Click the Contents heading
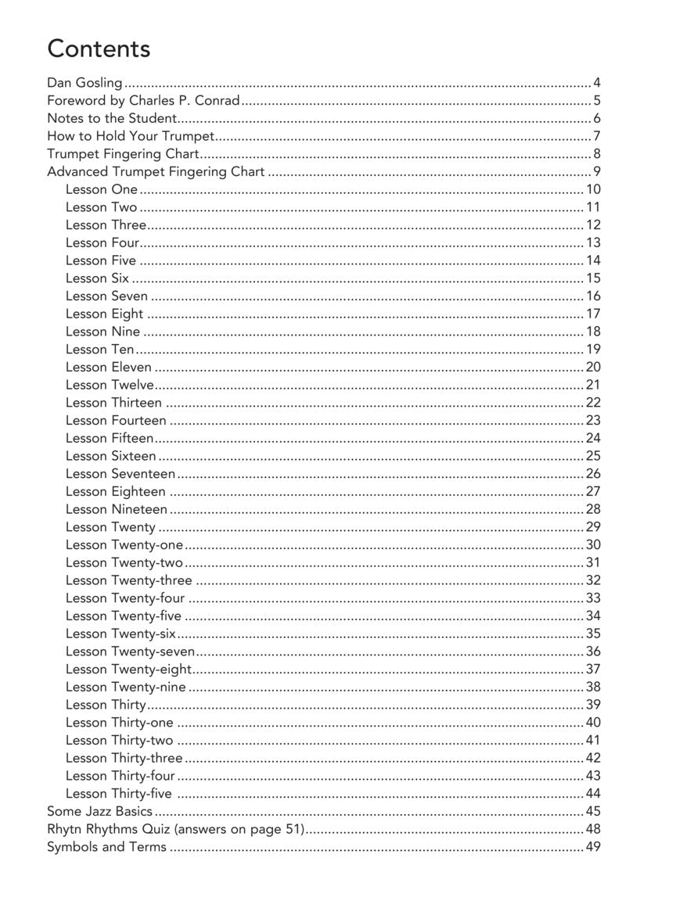pos(99,48)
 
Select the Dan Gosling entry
pos(84,82)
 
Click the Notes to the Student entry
pos(112,118)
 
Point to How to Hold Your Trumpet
pos(131,136)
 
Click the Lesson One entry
pos(102,189)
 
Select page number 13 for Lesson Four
pos(592,242)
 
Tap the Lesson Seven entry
pos(106,296)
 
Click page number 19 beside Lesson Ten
pos(592,350)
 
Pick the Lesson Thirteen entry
pos(113,403)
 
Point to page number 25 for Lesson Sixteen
pos(592,456)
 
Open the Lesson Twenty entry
pos(110,527)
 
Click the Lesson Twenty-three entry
pos(128,580)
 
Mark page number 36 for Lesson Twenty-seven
pos(592,652)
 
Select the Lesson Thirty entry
pos(106,705)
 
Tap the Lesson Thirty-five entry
pos(118,794)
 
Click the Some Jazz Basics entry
pos(99,811)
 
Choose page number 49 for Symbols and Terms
pos(592,847)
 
